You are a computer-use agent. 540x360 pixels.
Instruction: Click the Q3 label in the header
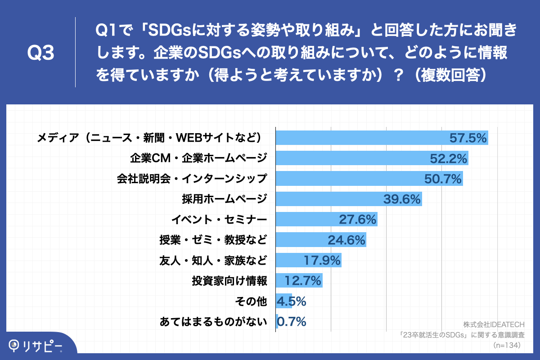[x=41, y=53]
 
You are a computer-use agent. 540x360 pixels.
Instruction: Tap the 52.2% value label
[x=448, y=158]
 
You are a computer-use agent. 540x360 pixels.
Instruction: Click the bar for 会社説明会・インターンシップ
[x=369, y=179]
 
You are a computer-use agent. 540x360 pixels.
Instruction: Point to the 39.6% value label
[x=401, y=199]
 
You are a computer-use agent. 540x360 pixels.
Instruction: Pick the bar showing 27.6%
[x=326, y=220]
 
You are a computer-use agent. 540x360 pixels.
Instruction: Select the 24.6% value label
[x=346, y=240]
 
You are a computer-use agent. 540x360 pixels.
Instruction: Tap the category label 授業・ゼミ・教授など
[x=213, y=240]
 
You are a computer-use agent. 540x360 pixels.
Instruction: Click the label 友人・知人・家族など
[x=213, y=261]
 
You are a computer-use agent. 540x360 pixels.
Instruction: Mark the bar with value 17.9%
[x=308, y=261]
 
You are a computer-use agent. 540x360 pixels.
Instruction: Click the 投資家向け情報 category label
[x=229, y=281]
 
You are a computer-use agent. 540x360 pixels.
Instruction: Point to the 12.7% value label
[x=302, y=281]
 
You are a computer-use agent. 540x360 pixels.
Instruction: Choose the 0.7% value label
[x=292, y=321]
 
